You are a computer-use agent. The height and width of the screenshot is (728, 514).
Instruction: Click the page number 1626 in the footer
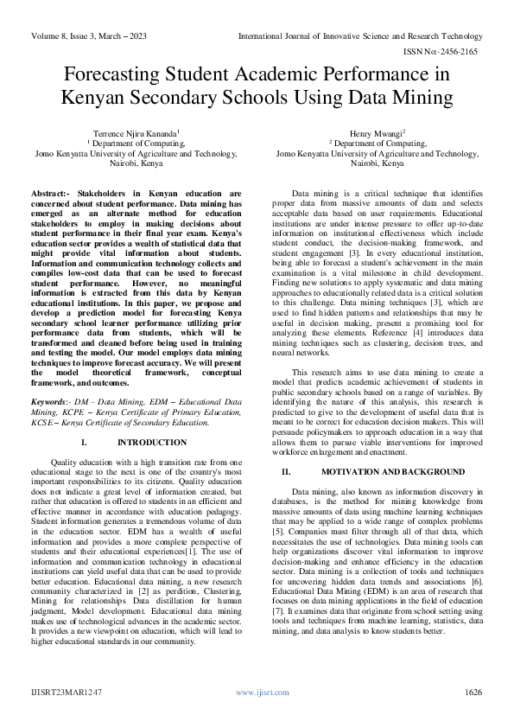[x=473, y=693]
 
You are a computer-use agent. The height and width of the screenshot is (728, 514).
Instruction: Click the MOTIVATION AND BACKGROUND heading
[x=392, y=471]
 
